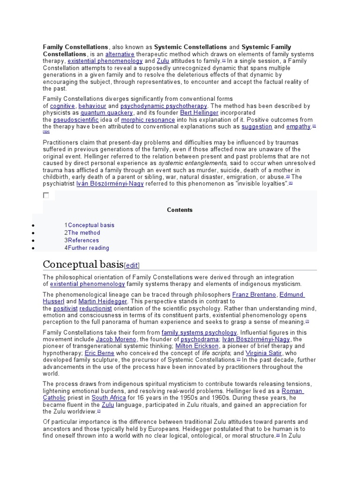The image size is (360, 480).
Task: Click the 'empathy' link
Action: (299, 127)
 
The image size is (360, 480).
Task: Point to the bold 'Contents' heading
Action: (180, 210)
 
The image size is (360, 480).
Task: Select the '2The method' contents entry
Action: (82, 232)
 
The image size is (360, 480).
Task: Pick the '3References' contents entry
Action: (82, 240)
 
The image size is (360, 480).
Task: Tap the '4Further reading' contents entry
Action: (87, 248)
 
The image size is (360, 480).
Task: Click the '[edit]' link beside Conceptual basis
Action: (131, 265)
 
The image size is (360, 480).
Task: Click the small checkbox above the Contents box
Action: (46, 195)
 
